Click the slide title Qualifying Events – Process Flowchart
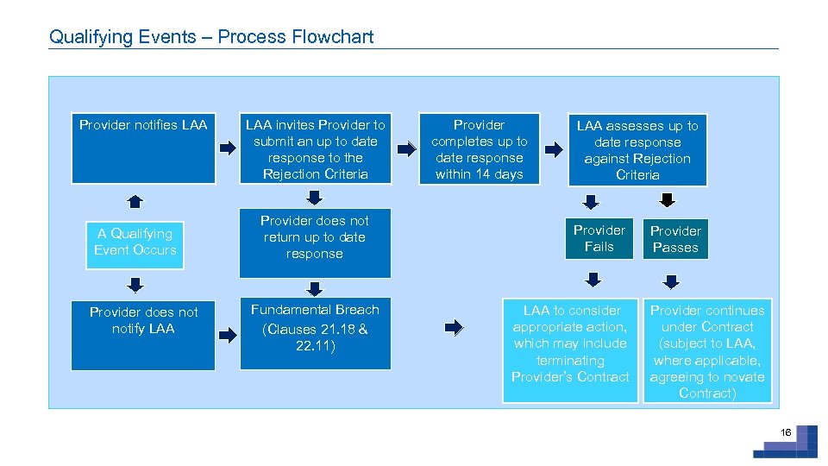[x=211, y=36]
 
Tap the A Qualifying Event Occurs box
[x=135, y=242]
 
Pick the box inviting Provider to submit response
[x=315, y=149]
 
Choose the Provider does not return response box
[x=315, y=242]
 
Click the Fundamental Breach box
[x=315, y=333]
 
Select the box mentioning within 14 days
[x=479, y=149]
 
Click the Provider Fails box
[x=599, y=238]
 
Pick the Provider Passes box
[x=675, y=239]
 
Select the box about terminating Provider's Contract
[x=571, y=350]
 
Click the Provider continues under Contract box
[x=707, y=350]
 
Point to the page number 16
[x=785, y=432]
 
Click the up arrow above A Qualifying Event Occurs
[x=135, y=202]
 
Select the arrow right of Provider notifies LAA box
[x=228, y=148]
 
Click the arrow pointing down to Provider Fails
[x=591, y=202]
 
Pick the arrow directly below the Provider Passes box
[x=670, y=280]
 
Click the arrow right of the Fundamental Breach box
[x=454, y=327]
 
